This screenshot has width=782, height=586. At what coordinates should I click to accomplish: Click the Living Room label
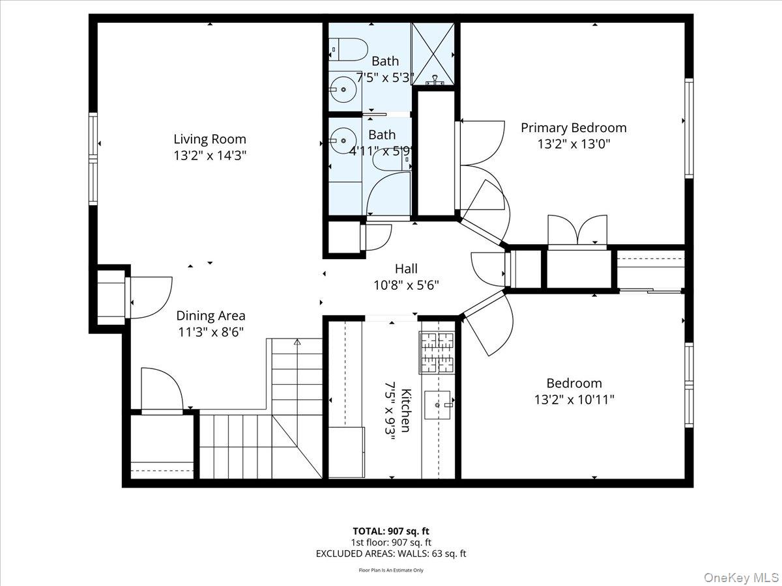coord(210,139)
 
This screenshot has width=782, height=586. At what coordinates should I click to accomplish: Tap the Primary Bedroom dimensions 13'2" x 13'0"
coord(573,144)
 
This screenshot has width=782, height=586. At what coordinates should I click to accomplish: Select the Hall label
coord(406,268)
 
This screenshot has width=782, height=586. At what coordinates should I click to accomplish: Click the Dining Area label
coord(210,316)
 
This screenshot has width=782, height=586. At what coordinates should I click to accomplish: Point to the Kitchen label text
coord(405,410)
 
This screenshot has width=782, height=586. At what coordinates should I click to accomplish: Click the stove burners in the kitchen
coord(437,352)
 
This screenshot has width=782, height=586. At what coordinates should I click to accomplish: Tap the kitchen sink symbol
coord(439,405)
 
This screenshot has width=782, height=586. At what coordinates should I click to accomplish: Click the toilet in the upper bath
coord(346,48)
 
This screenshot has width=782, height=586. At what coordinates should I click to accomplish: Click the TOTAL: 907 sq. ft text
coord(391,531)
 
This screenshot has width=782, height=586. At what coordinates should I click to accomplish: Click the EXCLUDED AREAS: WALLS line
coord(391,554)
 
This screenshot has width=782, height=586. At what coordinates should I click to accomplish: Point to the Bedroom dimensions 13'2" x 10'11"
coord(574,399)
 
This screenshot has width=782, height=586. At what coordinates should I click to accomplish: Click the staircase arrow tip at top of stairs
coord(297,341)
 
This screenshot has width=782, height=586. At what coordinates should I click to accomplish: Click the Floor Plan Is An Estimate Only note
coord(391,570)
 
